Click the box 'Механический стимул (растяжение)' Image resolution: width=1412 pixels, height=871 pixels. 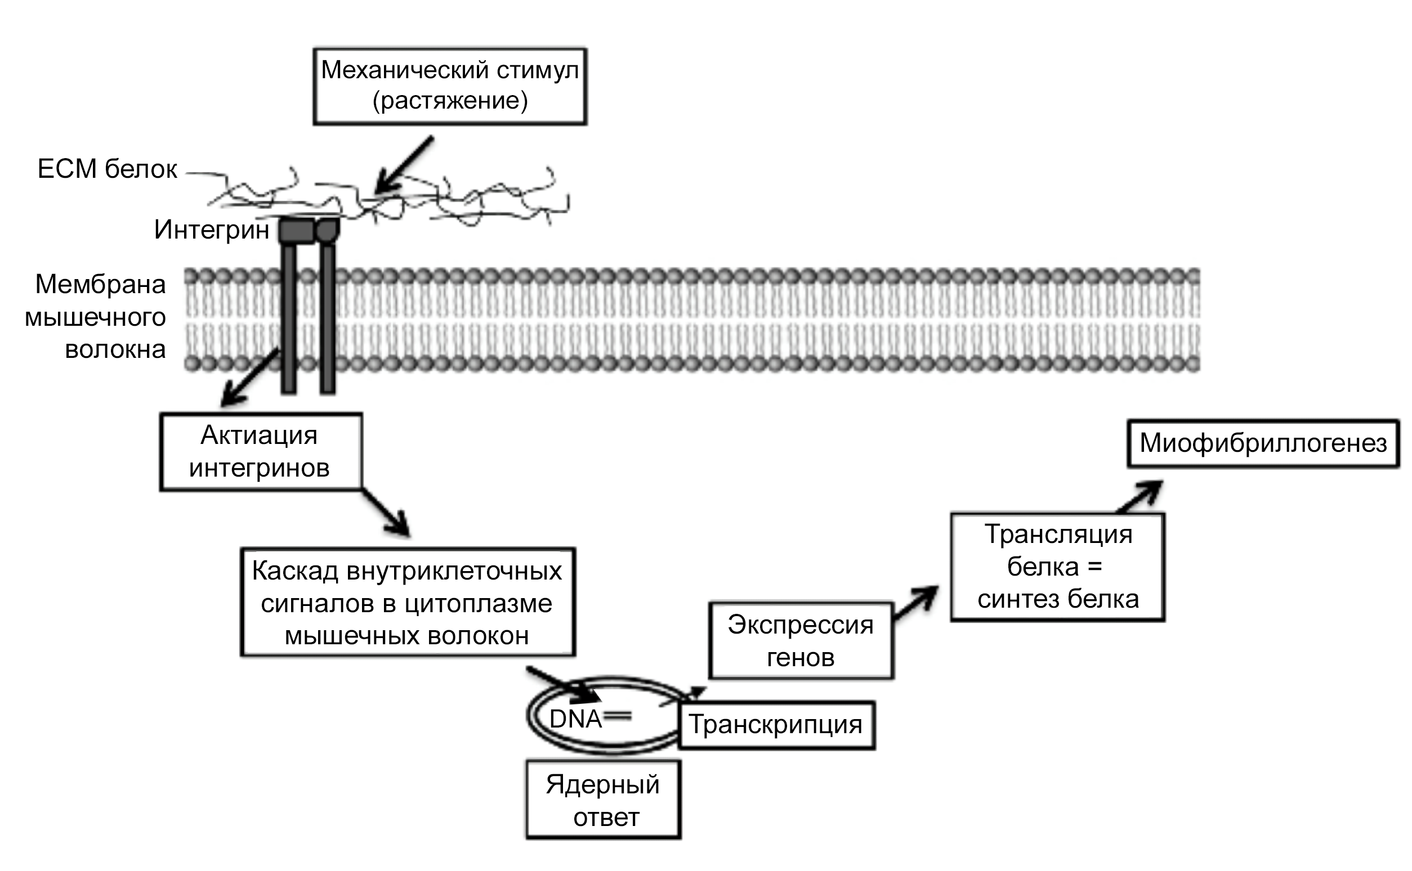[x=449, y=86]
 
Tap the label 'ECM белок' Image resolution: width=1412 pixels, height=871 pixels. [x=107, y=169]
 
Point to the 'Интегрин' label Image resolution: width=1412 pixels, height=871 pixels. [x=212, y=230]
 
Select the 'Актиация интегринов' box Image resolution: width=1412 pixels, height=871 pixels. [x=261, y=452]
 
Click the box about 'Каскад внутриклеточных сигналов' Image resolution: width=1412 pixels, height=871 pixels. [x=408, y=603]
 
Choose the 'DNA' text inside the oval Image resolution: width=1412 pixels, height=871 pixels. [x=575, y=719]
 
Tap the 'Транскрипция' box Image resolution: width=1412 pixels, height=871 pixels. [x=776, y=725]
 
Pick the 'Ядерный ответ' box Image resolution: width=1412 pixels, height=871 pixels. [x=604, y=800]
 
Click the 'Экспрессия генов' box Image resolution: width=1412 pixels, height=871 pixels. [x=801, y=640]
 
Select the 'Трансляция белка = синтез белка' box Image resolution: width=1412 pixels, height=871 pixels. [x=1057, y=567]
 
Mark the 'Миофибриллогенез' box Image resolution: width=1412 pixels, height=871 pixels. [x=1263, y=443]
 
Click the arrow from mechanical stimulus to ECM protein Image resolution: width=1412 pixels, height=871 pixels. [x=404, y=165]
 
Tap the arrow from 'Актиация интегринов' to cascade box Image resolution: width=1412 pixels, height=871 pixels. [x=386, y=513]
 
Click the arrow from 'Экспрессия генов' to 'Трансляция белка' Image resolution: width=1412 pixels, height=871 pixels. [x=915, y=604]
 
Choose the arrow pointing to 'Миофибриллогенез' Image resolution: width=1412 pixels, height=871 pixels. [x=1140, y=496]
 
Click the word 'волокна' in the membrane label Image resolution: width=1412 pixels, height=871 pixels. [x=115, y=349]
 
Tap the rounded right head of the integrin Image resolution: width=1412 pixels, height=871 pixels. [x=328, y=230]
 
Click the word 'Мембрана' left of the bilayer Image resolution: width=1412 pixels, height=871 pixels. [x=101, y=284]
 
